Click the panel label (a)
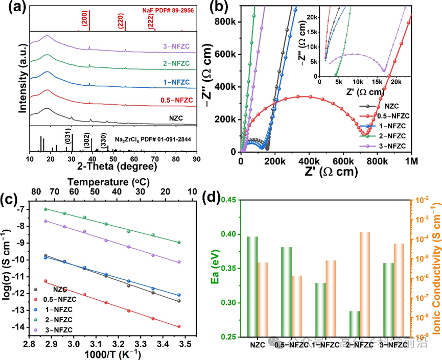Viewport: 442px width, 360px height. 11,8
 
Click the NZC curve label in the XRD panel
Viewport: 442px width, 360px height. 176,117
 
